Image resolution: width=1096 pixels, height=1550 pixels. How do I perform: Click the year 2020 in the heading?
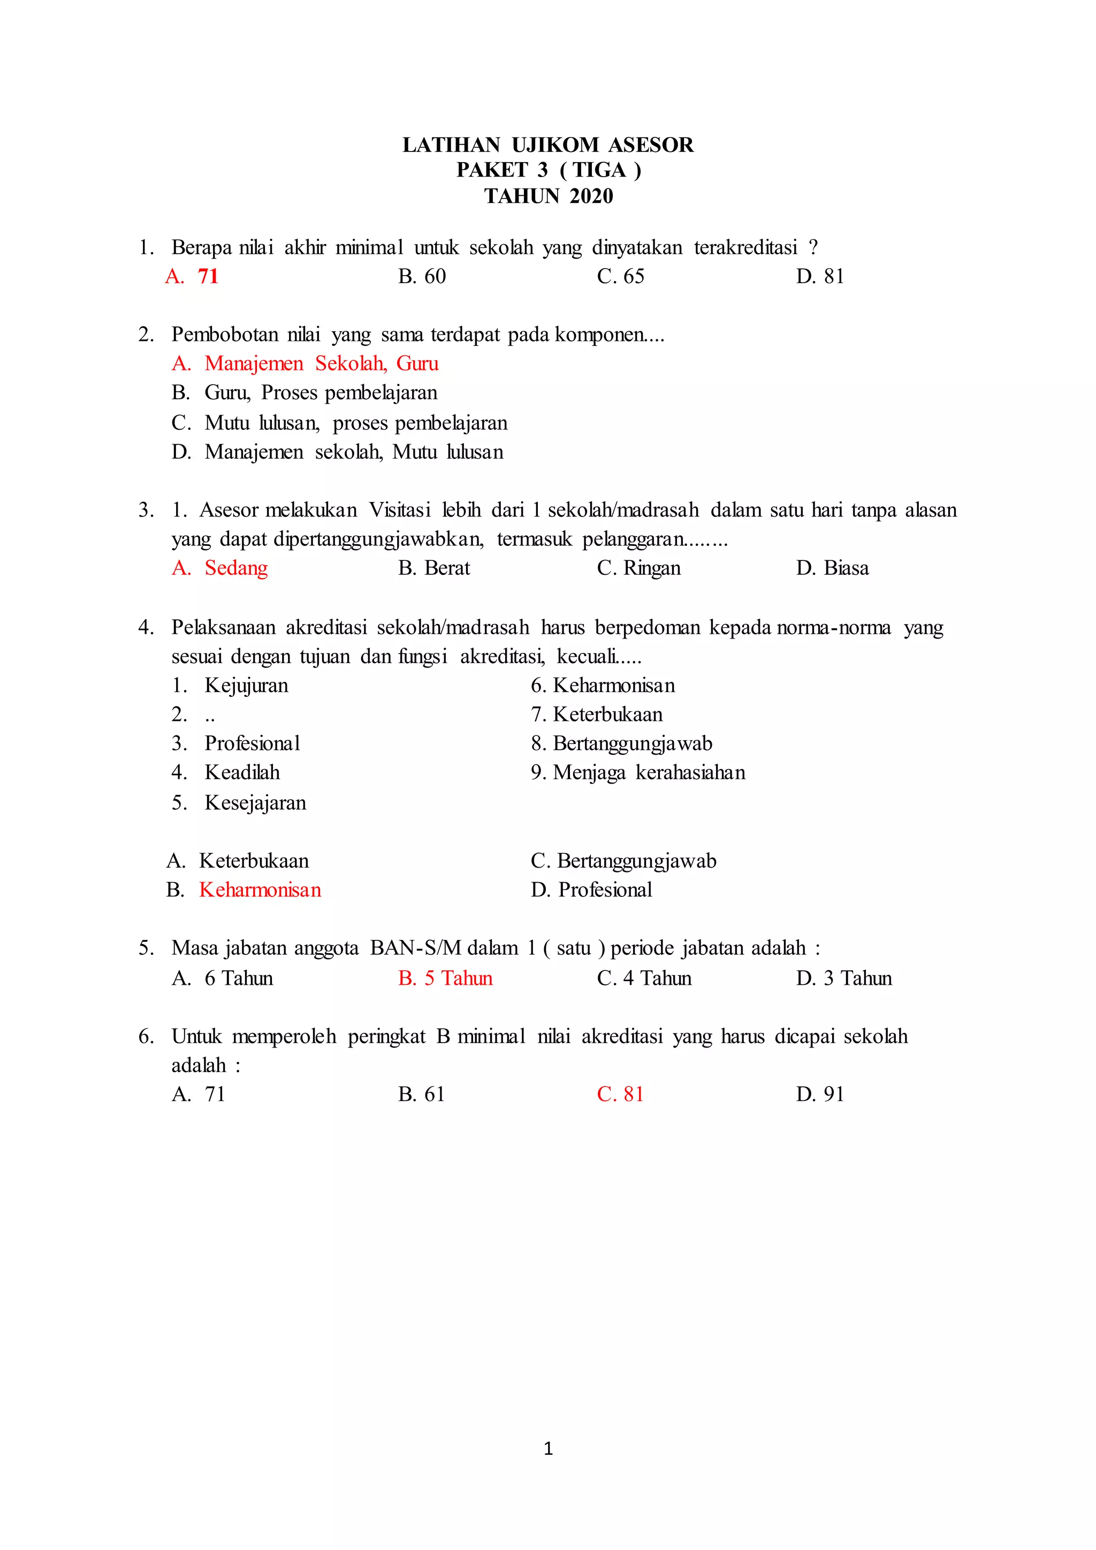(591, 196)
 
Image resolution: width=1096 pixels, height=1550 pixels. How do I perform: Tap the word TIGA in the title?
(599, 170)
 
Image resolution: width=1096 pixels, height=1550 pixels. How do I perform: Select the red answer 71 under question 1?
(208, 276)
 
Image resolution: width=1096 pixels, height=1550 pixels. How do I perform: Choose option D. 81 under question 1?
(820, 276)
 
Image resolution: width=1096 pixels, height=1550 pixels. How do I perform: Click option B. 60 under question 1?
(422, 276)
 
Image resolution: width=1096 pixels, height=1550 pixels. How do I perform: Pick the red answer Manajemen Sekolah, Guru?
(321, 364)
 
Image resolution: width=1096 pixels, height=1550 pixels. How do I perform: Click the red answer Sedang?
(235, 568)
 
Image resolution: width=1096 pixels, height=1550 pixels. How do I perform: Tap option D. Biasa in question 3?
(832, 568)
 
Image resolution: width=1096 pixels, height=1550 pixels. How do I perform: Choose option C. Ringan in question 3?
(638, 568)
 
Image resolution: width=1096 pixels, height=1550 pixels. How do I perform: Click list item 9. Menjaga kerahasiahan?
(638, 773)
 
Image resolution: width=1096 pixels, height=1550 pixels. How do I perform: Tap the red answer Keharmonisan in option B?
(260, 891)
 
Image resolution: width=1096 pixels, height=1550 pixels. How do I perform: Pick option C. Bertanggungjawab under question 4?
(623, 861)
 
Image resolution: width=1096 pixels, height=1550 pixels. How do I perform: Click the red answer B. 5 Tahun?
(445, 979)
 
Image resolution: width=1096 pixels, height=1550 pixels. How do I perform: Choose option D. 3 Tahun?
(843, 979)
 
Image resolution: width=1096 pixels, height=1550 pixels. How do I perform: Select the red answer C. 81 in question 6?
(620, 1095)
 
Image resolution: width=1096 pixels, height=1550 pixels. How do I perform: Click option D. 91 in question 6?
(820, 1095)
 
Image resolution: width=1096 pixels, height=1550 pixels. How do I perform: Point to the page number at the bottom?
(548, 1448)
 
